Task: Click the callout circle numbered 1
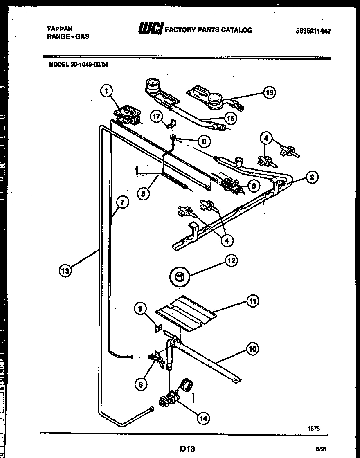106,91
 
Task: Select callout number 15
269,92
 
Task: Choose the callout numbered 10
252,349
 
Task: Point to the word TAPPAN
60,29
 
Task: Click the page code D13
187,449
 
